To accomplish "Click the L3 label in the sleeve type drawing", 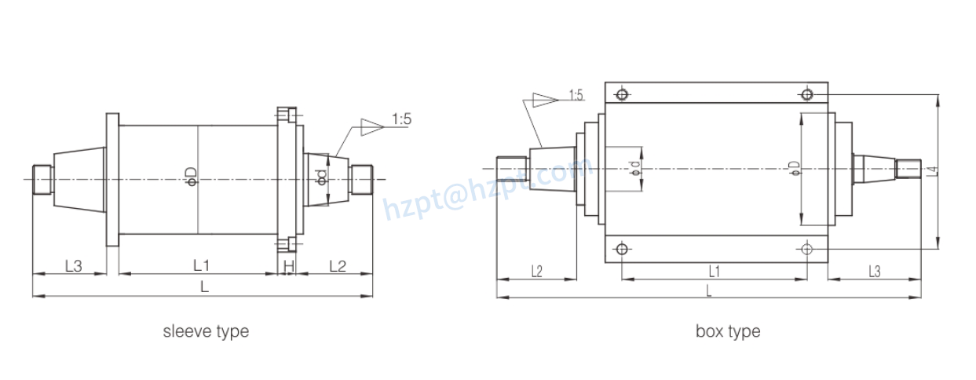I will pyautogui.click(x=73, y=265).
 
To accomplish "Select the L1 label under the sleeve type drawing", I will pyautogui.click(x=201, y=265).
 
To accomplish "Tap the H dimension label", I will pyautogui.click(x=288, y=266).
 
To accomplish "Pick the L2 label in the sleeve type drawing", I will pyautogui.click(x=337, y=265).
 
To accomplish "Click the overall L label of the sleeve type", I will pyautogui.click(x=204, y=287).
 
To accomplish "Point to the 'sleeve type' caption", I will pyautogui.click(x=206, y=331).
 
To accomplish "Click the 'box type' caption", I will pyautogui.click(x=728, y=331).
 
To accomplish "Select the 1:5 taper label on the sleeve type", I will pyautogui.click(x=402, y=119).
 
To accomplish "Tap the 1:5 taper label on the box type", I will pyautogui.click(x=576, y=96).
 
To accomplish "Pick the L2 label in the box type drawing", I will pyautogui.click(x=537, y=271).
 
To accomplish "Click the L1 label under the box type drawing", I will pyautogui.click(x=715, y=271).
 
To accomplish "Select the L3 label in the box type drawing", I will pyautogui.click(x=874, y=271).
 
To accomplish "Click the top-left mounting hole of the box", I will pyautogui.click(x=622, y=95).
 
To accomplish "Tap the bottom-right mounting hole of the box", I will pyautogui.click(x=806, y=249).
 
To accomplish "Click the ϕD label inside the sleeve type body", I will pyautogui.click(x=191, y=176).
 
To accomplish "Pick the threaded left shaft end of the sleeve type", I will pyautogui.click(x=42, y=179).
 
